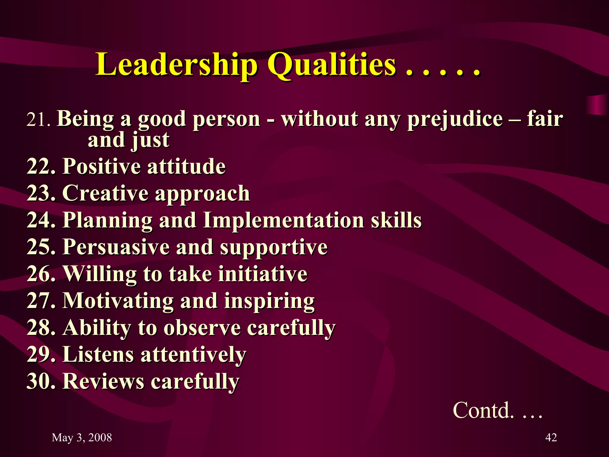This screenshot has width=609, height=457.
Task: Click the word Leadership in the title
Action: [x=176, y=65]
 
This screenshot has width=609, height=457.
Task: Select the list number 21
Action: [x=38, y=120]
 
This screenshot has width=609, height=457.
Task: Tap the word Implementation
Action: [x=283, y=220]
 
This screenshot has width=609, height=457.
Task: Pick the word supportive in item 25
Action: [x=274, y=247]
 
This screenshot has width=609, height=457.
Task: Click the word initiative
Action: [x=263, y=274]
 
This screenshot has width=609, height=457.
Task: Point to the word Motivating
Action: [x=118, y=301]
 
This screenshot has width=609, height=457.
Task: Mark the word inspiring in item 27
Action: [x=269, y=301]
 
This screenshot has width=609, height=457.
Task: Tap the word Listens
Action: [x=98, y=354]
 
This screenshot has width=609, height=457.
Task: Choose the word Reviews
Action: [x=103, y=381]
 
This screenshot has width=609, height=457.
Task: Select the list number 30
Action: [x=41, y=381]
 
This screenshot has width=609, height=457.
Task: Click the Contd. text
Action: [x=484, y=410]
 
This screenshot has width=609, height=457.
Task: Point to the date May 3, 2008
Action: [x=82, y=438]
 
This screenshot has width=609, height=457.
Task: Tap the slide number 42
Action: [x=551, y=438]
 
